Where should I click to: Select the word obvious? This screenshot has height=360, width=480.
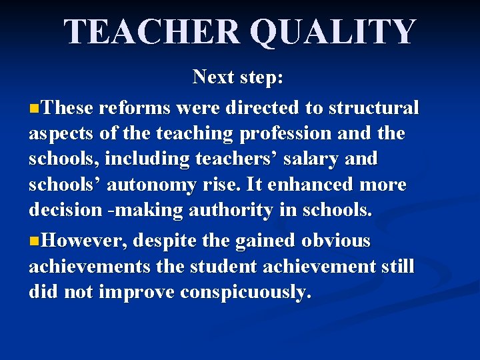point(336,241)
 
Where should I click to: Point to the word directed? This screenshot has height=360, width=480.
point(261,107)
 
